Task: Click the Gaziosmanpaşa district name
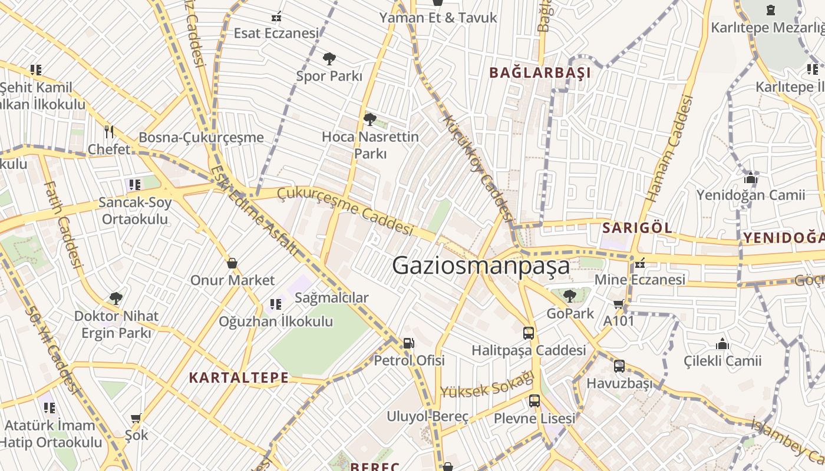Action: point(481,266)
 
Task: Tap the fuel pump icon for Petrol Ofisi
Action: point(408,343)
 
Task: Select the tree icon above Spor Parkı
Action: point(329,58)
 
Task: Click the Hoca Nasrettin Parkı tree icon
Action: point(369,120)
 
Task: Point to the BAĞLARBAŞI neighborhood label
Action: point(540,73)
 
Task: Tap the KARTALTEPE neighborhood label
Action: point(239,378)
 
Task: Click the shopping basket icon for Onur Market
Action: point(232,263)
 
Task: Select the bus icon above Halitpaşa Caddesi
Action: point(529,333)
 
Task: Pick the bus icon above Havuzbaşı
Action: point(619,366)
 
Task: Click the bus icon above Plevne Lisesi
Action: point(534,401)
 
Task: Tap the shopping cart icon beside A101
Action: point(618,304)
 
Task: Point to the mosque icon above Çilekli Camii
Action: point(722,344)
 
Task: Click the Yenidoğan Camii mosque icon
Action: point(750,178)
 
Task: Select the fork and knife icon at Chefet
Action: point(108,131)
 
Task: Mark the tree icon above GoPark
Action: point(569,296)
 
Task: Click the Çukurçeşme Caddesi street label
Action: point(345,210)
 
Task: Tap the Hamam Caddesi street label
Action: point(669,148)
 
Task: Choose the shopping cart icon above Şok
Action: point(136,419)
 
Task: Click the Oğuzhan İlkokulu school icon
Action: point(275,304)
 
